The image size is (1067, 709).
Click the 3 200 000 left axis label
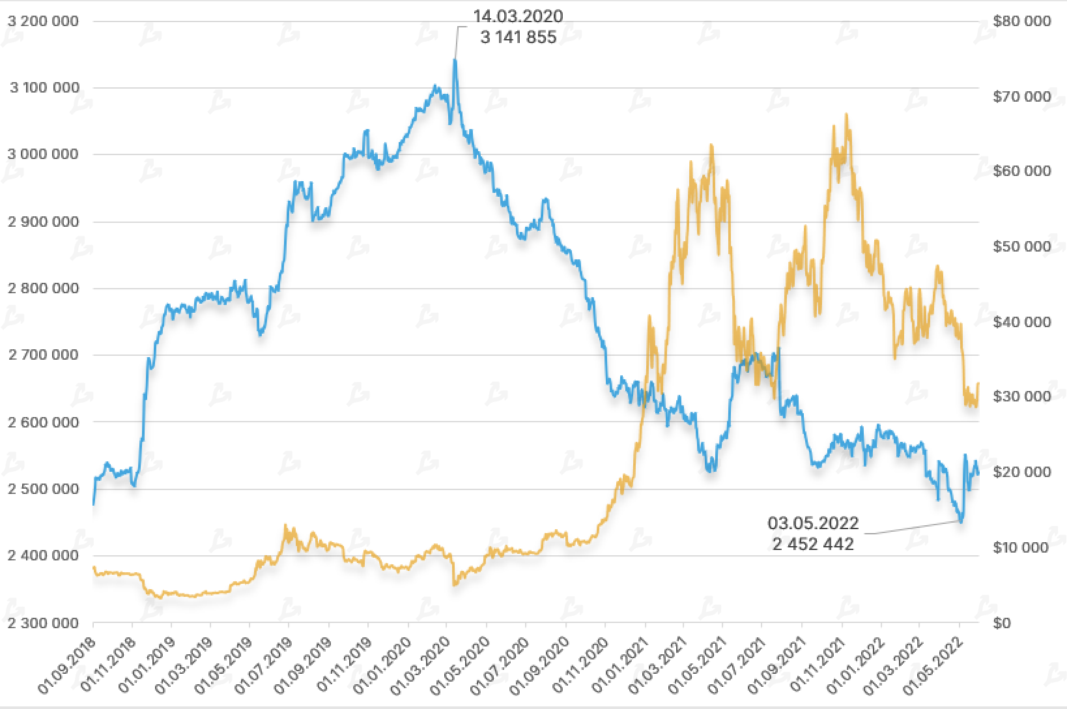43,22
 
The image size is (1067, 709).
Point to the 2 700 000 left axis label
43,355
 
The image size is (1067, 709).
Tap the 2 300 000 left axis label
43,623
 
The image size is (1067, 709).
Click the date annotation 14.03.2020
518,16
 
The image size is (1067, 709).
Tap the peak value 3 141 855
519,38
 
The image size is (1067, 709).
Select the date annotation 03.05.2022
813,523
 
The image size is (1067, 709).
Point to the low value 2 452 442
813,543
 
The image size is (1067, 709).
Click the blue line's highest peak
455,60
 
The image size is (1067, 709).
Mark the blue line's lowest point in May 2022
961,521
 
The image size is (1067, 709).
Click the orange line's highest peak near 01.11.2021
846,114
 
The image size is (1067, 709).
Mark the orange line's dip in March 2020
454,585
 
